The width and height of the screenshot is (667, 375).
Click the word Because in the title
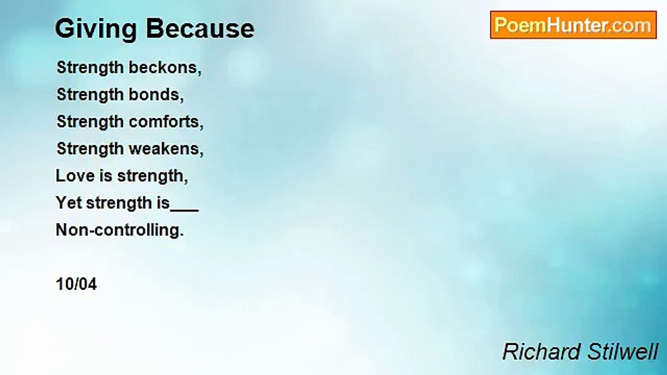click(201, 29)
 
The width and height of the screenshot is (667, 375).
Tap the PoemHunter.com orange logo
click(573, 25)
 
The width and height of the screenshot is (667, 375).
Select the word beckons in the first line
click(165, 67)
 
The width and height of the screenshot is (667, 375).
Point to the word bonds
click(156, 94)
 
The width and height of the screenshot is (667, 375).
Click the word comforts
click(166, 121)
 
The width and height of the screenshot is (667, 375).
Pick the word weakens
click(166, 148)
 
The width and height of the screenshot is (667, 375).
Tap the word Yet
click(69, 203)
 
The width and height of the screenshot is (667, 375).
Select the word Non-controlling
click(120, 230)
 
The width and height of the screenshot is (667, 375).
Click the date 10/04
click(76, 284)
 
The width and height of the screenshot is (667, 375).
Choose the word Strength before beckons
click(90, 68)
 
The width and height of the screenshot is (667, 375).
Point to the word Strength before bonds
click(90, 95)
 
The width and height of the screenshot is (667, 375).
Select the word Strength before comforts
click(90, 122)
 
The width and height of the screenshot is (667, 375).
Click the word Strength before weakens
click(90, 149)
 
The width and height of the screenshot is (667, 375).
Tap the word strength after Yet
click(119, 203)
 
